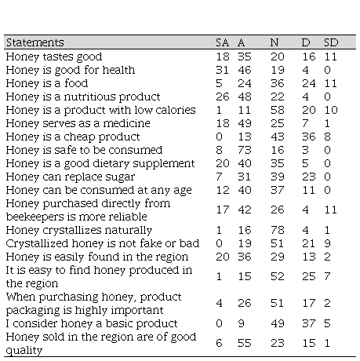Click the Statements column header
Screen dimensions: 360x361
tap(35, 42)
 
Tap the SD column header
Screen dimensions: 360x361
tap(331, 42)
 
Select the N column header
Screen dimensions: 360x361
tap(275, 42)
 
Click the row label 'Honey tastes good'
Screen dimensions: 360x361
tap(54, 57)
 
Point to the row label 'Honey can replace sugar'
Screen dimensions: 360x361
tap(71, 177)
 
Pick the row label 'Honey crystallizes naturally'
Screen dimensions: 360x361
tap(79, 231)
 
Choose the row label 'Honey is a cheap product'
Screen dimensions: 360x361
tap(73, 137)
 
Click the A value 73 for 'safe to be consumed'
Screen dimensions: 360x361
tap(245, 150)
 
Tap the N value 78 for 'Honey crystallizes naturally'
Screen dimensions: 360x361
tap(278, 230)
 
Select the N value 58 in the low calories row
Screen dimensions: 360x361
tap(278, 110)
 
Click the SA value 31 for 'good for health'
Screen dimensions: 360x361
tap(222, 70)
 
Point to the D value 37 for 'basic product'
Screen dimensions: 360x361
tap(309, 323)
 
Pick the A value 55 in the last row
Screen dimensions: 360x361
tap(245, 343)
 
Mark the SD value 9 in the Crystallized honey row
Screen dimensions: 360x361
tap(327, 243)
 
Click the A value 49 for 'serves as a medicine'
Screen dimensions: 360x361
tap(245, 123)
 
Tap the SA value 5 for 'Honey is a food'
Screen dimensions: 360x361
tap(219, 83)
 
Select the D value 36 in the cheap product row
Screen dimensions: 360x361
tap(309, 137)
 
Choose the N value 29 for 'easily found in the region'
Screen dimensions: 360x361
tap(278, 257)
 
